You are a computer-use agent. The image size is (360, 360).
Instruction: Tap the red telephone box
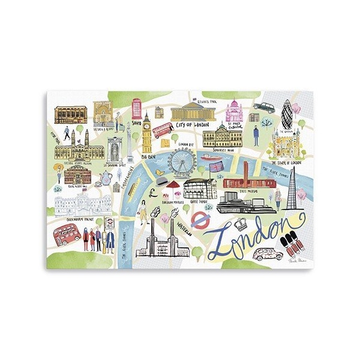tap(136, 109)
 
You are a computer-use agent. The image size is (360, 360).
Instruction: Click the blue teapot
tap(106, 177)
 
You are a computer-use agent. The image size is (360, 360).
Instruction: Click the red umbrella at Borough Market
tap(173, 185)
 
